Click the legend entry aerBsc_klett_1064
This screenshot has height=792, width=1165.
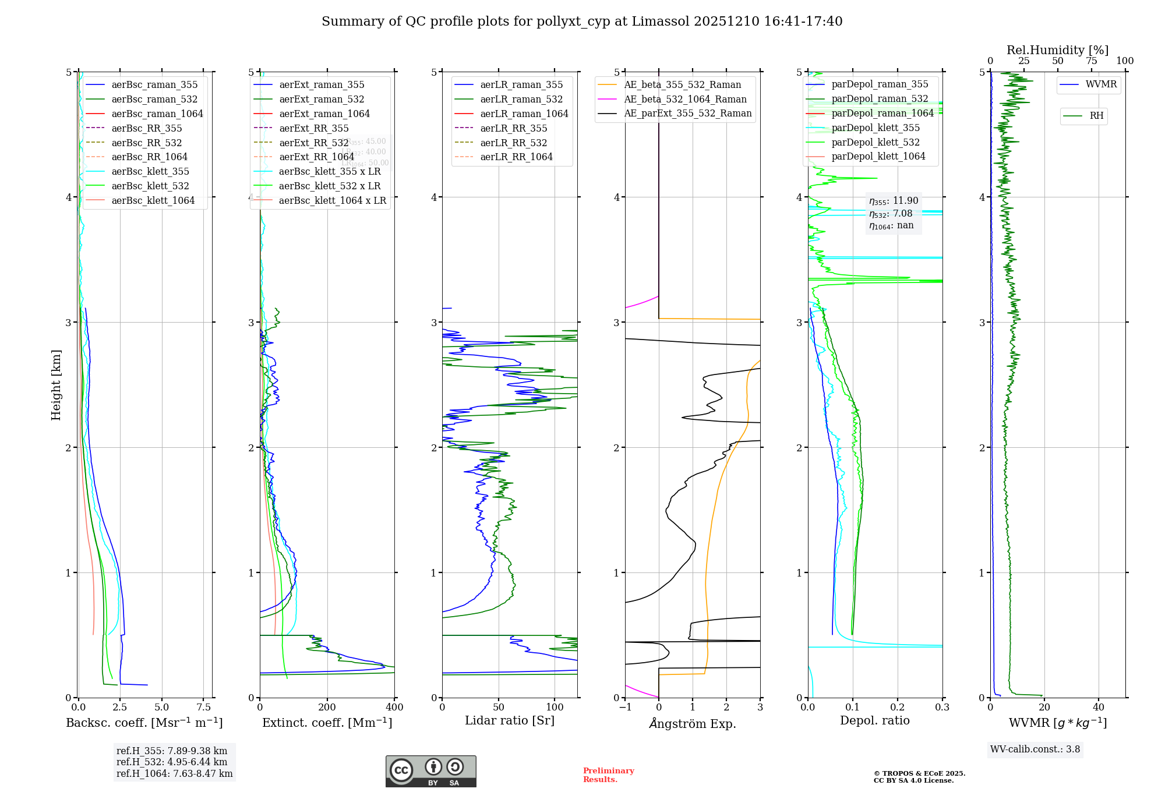point(153,200)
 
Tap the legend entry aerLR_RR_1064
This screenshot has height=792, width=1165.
point(516,157)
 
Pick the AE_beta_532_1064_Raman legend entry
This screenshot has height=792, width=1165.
point(685,99)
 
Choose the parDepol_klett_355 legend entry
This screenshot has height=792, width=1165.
point(875,128)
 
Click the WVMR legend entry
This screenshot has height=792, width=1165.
point(1101,84)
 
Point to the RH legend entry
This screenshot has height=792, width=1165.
point(1096,116)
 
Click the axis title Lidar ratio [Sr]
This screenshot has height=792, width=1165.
point(510,720)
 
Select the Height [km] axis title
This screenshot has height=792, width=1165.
point(56,385)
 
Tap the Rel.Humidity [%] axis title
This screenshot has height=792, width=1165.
point(1057,50)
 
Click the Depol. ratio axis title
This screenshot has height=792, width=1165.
point(874,720)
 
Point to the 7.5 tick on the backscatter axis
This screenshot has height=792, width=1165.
point(204,708)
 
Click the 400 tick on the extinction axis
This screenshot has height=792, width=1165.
point(394,708)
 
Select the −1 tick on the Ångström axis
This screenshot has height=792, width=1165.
point(625,708)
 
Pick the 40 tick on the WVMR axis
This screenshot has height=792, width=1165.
point(1099,708)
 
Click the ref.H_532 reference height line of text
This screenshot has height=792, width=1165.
point(172,762)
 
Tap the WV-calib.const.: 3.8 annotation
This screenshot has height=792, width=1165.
point(1035,749)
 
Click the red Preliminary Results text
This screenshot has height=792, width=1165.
point(608,775)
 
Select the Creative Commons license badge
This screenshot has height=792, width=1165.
point(430,772)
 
